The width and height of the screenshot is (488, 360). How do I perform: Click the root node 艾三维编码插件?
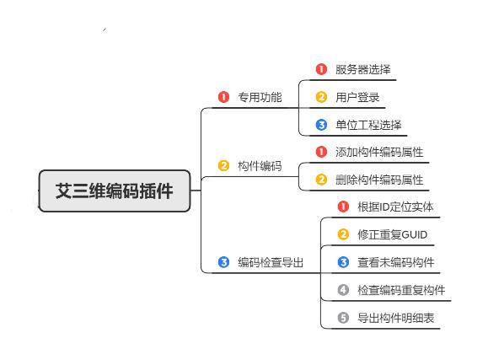(115, 191)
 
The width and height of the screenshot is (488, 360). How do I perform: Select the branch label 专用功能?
(260, 97)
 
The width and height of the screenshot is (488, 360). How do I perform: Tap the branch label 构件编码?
(260, 166)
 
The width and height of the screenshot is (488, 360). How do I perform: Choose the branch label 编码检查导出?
(271, 262)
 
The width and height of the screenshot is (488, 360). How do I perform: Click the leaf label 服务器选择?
(363, 69)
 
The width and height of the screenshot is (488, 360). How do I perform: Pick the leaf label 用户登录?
(357, 97)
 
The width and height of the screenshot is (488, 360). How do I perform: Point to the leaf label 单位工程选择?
(368, 125)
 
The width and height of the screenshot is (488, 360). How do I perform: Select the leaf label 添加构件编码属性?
(379, 152)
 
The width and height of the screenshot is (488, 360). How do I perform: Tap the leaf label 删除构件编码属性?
(379, 180)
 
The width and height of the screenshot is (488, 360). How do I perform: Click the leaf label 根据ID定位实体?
(395, 207)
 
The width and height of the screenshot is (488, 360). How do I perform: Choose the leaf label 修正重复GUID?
(393, 234)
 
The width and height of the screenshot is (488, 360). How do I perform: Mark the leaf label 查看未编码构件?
(396, 262)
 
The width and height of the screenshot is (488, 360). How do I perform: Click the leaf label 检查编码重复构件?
(401, 290)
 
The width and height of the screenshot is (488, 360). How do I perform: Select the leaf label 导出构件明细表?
(396, 318)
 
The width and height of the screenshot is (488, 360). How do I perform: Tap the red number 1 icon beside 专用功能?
(223, 97)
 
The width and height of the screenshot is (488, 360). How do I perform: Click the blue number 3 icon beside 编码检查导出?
(223, 262)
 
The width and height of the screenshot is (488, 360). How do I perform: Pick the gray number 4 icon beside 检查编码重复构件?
(343, 290)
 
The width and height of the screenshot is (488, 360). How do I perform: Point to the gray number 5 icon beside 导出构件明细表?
(343, 318)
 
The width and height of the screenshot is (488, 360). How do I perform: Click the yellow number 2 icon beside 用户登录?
(321, 97)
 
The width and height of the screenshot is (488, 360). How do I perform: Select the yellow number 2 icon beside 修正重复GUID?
(343, 234)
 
